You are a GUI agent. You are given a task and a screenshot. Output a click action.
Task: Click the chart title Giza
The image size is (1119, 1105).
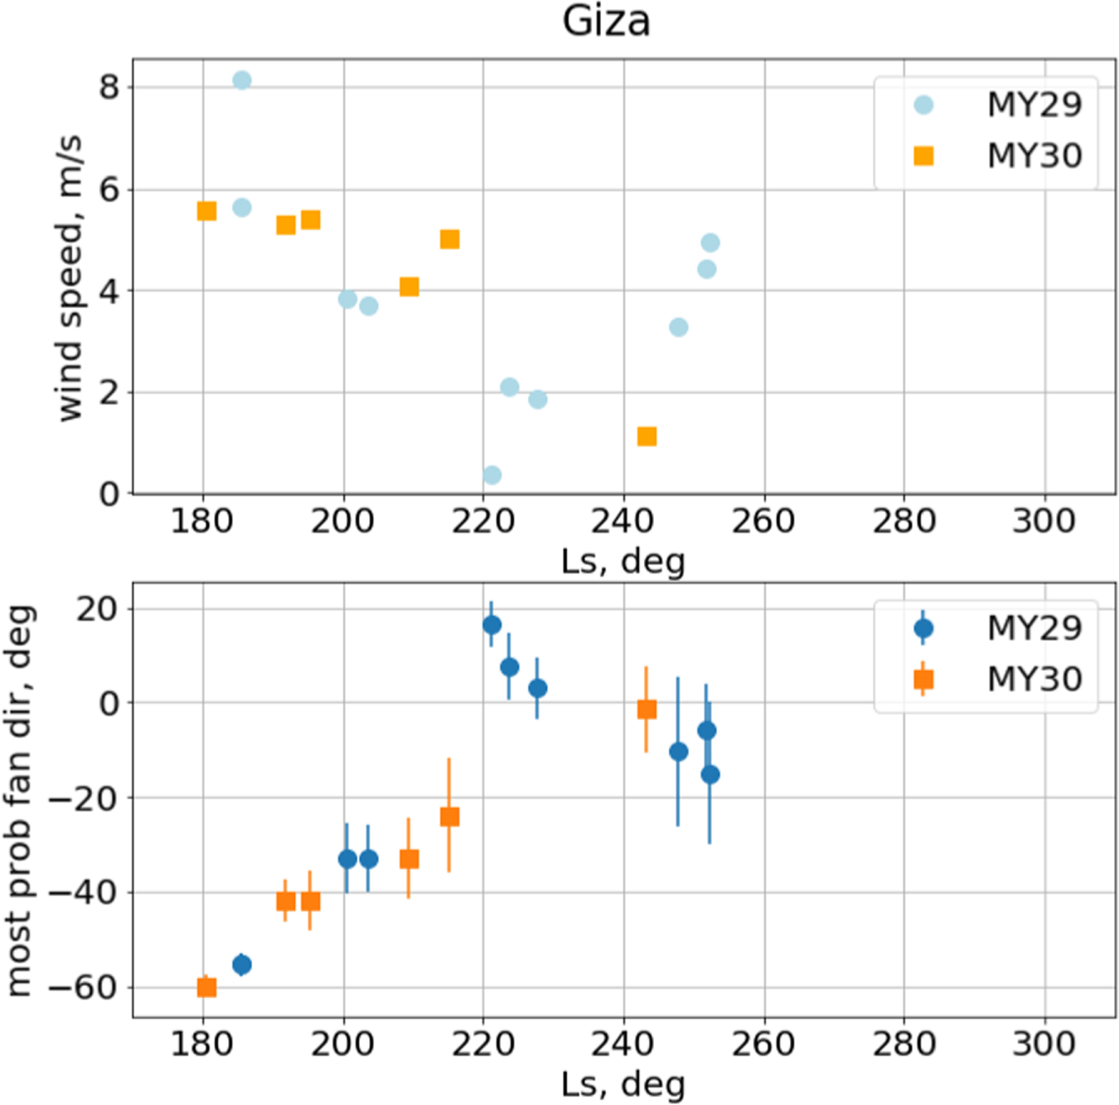pos(606,21)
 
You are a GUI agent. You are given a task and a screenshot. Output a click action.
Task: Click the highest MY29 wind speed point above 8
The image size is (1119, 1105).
pos(242,80)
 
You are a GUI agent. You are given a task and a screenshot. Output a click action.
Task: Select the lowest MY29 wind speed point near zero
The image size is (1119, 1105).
pos(492,475)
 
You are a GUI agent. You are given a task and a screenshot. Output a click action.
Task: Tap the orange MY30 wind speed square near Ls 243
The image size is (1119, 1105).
pos(647,436)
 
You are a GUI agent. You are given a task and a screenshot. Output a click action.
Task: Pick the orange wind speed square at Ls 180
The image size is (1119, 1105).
pos(206,211)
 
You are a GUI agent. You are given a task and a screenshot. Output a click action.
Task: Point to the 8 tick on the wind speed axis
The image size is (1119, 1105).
pos(109,86)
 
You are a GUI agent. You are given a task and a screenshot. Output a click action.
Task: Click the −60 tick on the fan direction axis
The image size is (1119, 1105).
pos(83,987)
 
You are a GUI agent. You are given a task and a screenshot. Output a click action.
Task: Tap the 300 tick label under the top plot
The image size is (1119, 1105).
pos(1044,521)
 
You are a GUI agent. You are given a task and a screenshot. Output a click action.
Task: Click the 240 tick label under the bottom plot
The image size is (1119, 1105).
pos(622,1044)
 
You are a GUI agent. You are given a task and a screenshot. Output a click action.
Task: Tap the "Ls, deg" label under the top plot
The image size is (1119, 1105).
pos(623,562)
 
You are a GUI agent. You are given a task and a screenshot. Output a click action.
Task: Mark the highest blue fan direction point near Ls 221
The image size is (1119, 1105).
pos(492,625)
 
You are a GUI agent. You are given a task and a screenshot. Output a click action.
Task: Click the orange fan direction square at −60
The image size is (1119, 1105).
pos(206,987)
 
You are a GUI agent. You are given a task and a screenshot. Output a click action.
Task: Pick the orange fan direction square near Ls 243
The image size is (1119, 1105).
pos(647,710)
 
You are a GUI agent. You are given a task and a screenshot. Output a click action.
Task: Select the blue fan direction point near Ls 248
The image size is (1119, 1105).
pos(678,752)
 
